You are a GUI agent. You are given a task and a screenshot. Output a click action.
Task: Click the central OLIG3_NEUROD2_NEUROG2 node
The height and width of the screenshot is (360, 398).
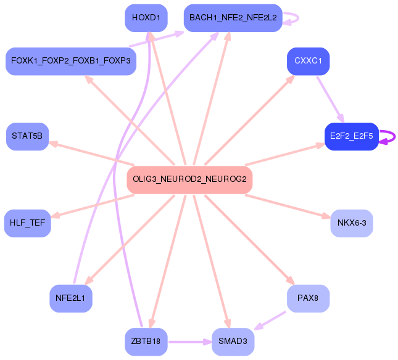[189, 179]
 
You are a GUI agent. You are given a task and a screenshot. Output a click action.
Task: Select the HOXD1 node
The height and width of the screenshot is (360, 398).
[146, 18]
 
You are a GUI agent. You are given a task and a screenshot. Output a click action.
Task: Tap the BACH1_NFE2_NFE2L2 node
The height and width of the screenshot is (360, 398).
[233, 18]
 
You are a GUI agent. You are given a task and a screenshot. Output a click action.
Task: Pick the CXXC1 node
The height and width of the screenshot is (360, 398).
[308, 61]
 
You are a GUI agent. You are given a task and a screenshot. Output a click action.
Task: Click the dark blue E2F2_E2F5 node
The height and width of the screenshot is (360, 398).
[351, 136]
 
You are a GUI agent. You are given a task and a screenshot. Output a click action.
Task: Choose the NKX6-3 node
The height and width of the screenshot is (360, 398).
[352, 223]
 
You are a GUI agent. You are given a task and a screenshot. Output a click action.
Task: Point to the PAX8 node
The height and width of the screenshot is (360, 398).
[307, 298]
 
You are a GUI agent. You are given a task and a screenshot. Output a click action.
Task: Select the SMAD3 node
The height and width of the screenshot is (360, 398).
[233, 341]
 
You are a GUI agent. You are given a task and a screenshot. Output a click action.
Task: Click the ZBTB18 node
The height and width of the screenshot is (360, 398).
[146, 341]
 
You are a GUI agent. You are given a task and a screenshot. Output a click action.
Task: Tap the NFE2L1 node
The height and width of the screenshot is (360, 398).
[71, 298]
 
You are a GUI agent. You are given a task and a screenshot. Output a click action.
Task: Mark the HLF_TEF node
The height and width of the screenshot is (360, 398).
[27, 223]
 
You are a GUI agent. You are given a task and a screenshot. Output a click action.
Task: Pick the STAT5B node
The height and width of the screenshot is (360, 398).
[27, 136]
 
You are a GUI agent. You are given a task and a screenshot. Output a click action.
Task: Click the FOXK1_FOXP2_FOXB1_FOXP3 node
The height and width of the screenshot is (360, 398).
[70, 61]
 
